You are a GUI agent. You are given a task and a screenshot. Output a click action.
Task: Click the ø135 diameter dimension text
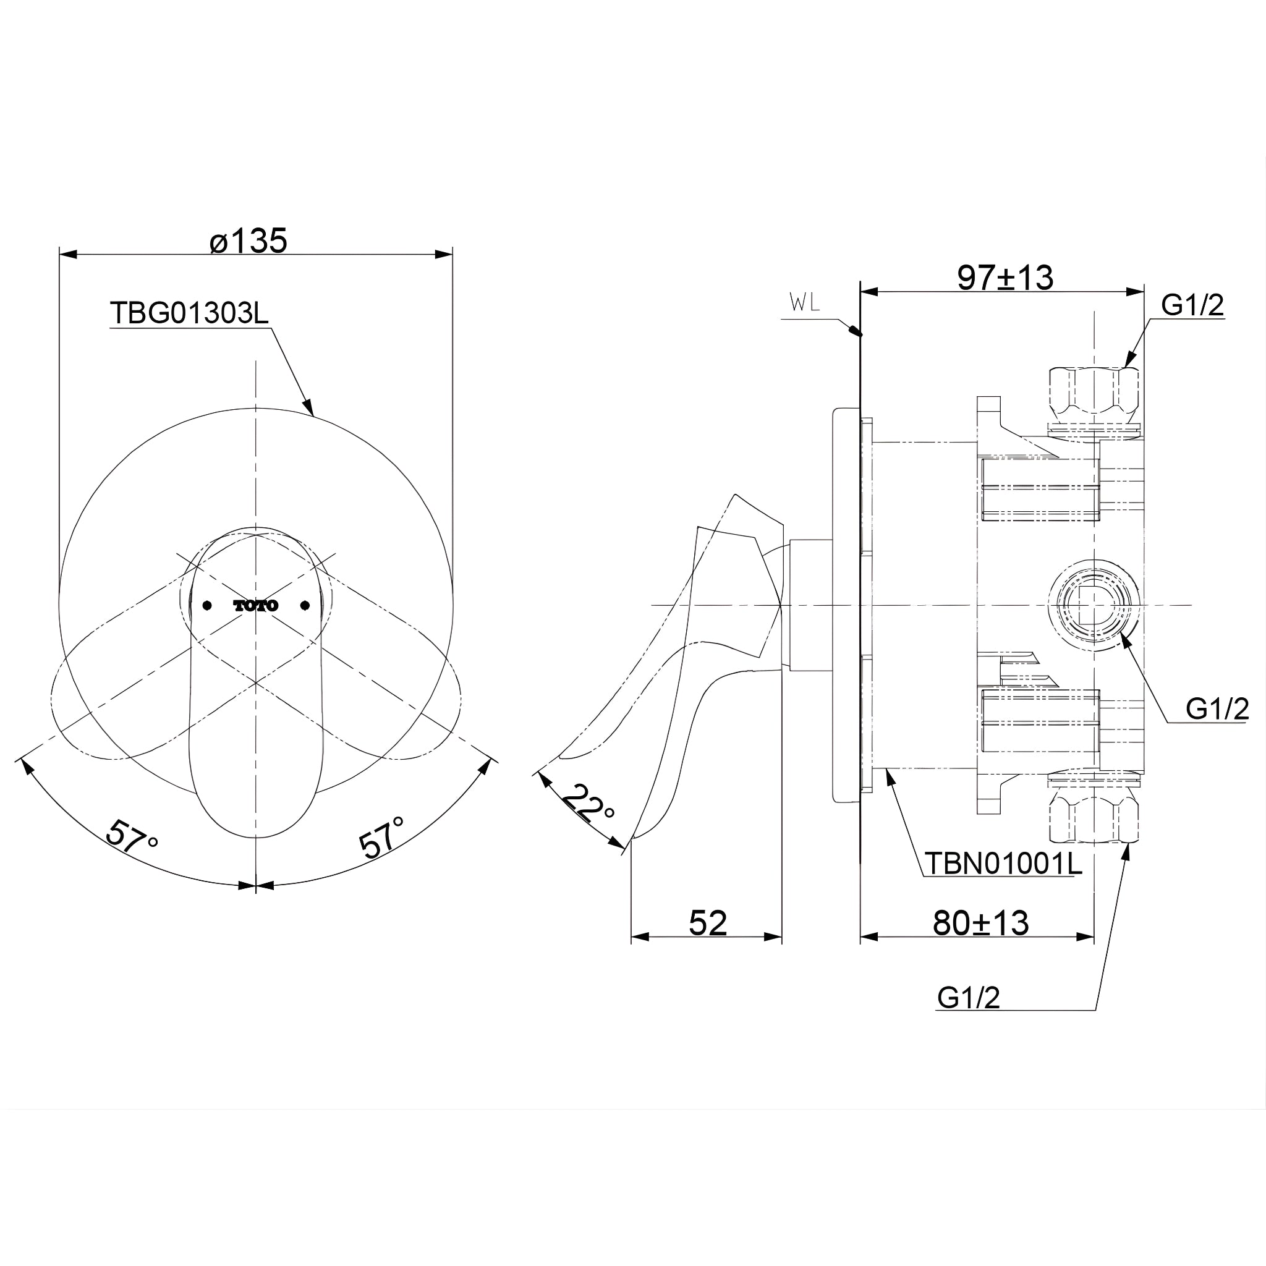click(x=249, y=241)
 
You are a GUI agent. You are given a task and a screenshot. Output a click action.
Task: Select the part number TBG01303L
click(x=189, y=313)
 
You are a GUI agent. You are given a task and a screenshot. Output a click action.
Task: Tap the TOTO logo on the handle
click(x=255, y=605)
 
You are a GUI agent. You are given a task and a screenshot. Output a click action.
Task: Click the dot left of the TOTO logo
click(x=207, y=605)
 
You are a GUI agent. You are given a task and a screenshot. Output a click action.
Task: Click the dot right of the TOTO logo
click(x=305, y=605)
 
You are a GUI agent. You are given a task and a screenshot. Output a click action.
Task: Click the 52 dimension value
click(x=708, y=924)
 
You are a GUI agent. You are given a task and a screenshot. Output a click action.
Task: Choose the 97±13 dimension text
click(x=1005, y=278)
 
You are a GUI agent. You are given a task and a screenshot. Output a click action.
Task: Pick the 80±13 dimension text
click(x=981, y=924)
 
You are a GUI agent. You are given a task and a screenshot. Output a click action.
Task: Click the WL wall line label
click(x=805, y=303)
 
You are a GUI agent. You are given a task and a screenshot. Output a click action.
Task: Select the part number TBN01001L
click(x=1003, y=864)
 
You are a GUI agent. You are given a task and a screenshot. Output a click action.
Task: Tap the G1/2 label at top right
click(x=1192, y=305)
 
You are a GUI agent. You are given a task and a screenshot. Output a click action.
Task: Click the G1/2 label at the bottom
click(x=969, y=998)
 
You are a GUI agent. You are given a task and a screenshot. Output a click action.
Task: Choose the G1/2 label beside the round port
click(x=1217, y=709)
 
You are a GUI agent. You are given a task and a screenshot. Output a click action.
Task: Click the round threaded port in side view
click(x=1092, y=605)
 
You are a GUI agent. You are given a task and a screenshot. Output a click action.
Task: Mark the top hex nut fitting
click(x=1093, y=392)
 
